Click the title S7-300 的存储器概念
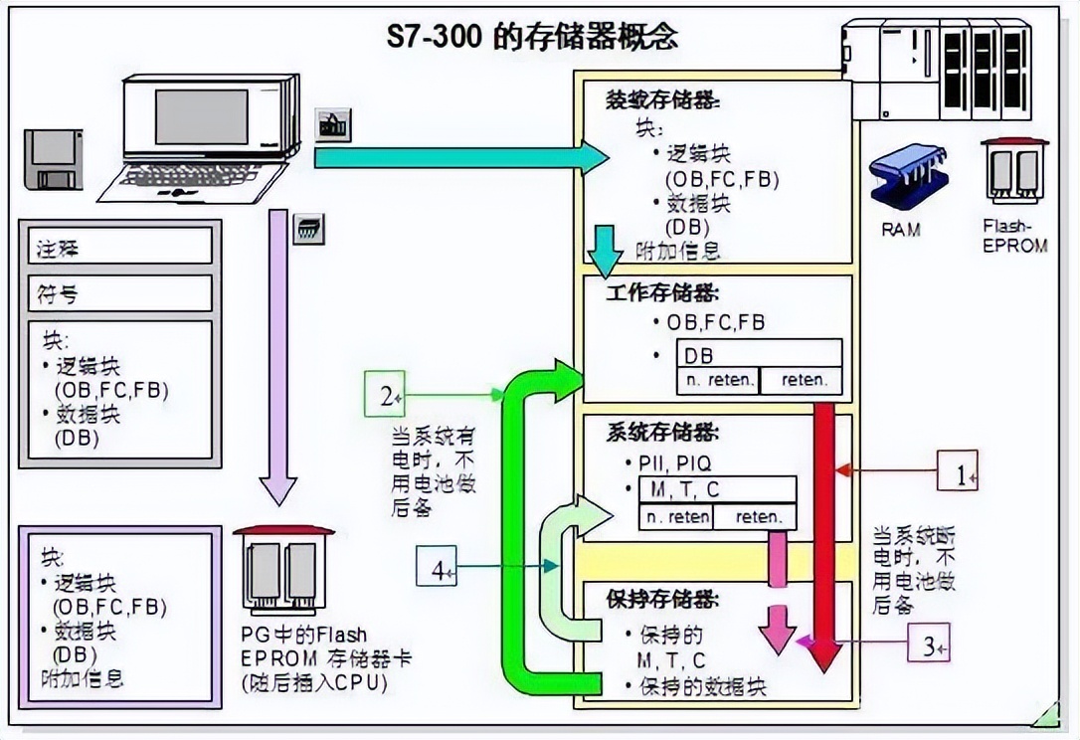coord(532,37)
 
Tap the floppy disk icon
coord(55,159)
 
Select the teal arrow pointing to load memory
coord(457,157)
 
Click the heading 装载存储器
coord(663,100)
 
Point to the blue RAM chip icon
coord(900,180)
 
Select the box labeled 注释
coord(119,247)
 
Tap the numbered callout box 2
coord(384,395)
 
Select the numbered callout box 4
coord(436,569)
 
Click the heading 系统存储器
coord(663,434)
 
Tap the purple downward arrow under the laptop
coord(278,358)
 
